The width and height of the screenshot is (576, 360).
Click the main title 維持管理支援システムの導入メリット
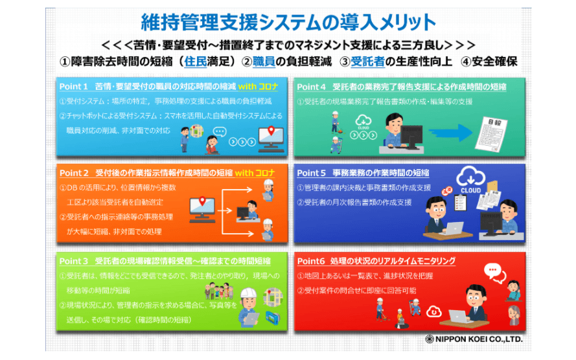click(x=288, y=22)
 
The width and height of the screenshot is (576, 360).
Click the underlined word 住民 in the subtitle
click(x=196, y=63)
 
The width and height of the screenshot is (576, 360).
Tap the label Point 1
click(x=73, y=85)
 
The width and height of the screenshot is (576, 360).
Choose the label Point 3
click(x=73, y=261)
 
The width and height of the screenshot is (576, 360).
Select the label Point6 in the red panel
click(x=310, y=261)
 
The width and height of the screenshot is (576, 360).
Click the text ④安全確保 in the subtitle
click(x=489, y=63)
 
